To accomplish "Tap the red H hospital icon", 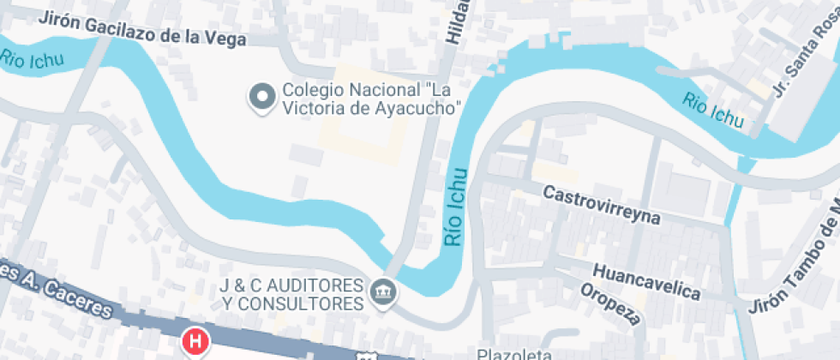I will [196, 342].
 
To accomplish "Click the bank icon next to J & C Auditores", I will [382, 293].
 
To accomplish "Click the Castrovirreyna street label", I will [602, 205].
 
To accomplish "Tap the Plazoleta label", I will [511, 353].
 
